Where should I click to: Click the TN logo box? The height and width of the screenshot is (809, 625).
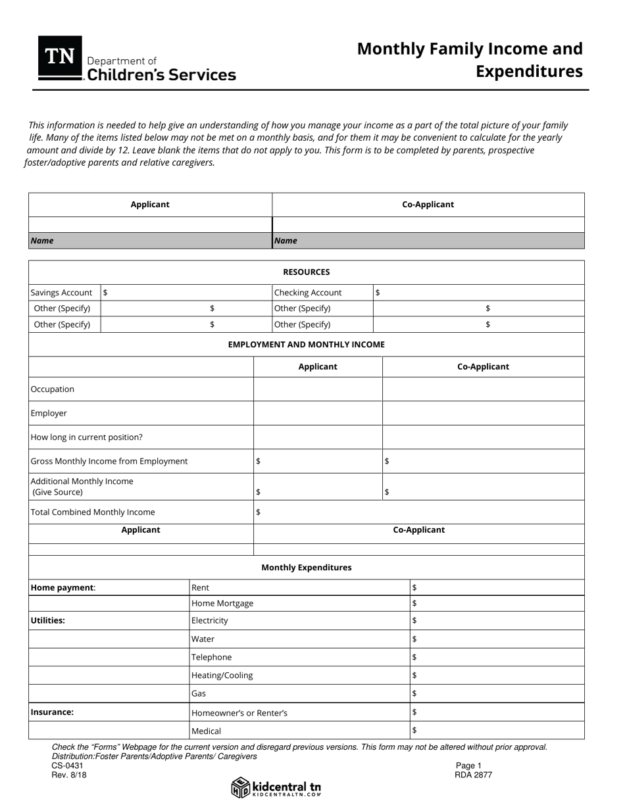tap(60, 58)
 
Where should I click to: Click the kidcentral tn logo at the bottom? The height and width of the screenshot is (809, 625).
tap(276, 787)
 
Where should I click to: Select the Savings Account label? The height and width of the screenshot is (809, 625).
tap(62, 293)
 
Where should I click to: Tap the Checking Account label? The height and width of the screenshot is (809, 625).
tap(308, 293)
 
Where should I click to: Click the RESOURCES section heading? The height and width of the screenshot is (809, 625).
tap(306, 272)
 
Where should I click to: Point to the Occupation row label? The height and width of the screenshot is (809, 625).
tap(53, 389)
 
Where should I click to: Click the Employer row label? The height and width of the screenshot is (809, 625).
tap(49, 413)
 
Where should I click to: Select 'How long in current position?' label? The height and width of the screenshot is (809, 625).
tap(87, 437)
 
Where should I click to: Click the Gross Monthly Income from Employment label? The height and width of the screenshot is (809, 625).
tap(109, 461)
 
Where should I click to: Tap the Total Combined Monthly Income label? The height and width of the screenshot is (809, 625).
tap(93, 512)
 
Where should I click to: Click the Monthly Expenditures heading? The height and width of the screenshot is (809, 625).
tap(306, 567)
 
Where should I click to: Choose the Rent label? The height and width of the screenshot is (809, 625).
tap(200, 587)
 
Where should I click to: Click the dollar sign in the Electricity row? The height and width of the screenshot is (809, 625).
tap(414, 620)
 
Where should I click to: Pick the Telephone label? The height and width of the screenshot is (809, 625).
tap(211, 657)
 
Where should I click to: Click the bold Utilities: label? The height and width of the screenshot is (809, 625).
tap(48, 620)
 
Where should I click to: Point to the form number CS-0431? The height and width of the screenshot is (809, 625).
tap(68, 766)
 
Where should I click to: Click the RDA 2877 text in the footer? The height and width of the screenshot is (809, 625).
tap(473, 775)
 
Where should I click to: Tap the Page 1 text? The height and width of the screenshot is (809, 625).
tap(468, 766)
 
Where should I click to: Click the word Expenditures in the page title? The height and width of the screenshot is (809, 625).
tap(529, 71)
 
